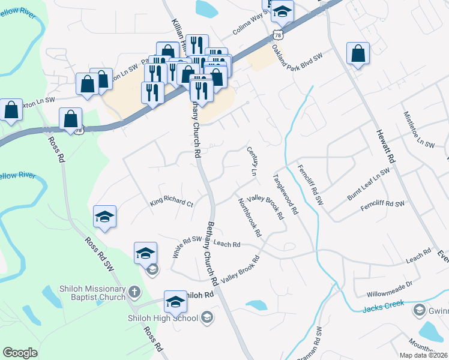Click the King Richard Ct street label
[x=171, y=203]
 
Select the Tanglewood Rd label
[x=286, y=194]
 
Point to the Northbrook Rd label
[x=249, y=216]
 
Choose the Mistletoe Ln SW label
[x=418, y=129]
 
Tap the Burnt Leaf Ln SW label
[x=368, y=185]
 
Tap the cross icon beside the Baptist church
[x=134, y=293]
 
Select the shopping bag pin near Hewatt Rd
[x=358, y=53]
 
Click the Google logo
[x=20, y=352]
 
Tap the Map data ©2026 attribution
[x=423, y=355]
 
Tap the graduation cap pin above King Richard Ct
[x=105, y=217]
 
